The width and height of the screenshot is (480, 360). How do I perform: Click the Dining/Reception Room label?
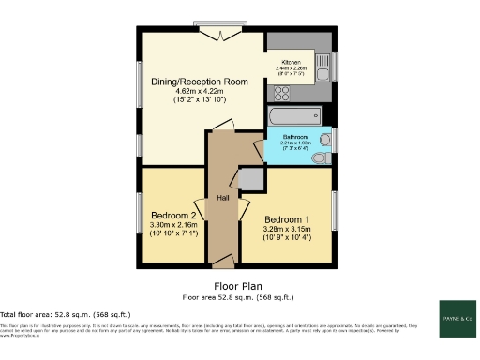click(200, 82)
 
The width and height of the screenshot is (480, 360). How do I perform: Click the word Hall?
click(224, 198)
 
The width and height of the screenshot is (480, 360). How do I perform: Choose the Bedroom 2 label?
click(174, 215)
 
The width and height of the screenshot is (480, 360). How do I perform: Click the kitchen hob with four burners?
click(280, 92)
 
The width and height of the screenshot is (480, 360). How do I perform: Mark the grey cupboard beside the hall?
click(250, 180)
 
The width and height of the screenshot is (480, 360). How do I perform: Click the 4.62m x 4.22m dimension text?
click(200, 92)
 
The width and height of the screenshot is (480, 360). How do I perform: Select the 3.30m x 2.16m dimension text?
click(174, 225)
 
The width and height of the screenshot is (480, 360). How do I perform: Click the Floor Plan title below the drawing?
click(236, 286)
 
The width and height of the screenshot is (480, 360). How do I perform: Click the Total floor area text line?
click(65, 313)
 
